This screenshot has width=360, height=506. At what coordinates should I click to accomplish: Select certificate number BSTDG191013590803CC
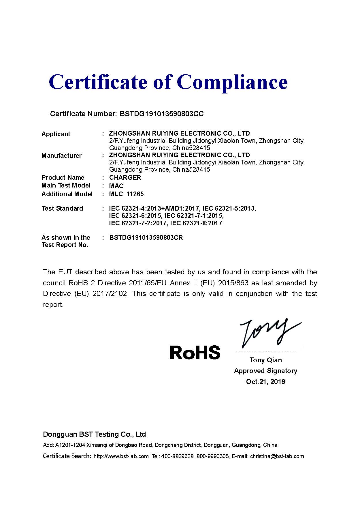(x=161, y=114)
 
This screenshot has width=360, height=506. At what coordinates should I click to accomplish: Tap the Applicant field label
(x=56, y=134)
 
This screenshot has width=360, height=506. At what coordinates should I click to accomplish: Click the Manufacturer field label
(x=61, y=155)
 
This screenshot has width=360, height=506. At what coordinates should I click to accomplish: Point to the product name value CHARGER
(x=125, y=177)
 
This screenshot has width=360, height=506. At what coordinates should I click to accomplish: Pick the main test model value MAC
(x=116, y=186)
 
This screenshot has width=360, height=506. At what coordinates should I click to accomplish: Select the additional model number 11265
(x=135, y=194)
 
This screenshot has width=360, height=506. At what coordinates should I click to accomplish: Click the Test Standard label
(x=62, y=208)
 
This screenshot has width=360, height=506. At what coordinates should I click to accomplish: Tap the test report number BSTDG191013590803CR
(x=146, y=238)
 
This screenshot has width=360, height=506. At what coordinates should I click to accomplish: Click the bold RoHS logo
(x=195, y=352)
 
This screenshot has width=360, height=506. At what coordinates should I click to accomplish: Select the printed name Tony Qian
(x=265, y=360)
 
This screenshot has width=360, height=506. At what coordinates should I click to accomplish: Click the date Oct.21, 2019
(x=265, y=382)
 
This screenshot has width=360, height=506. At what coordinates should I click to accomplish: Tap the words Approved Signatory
(x=265, y=371)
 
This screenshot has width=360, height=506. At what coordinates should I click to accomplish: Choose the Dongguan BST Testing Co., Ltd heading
(x=94, y=434)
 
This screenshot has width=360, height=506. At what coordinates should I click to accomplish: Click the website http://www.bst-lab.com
(x=121, y=456)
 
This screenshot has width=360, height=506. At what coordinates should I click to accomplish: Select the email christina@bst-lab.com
(x=277, y=456)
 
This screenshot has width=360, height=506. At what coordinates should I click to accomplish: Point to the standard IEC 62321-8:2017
(x=196, y=223)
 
